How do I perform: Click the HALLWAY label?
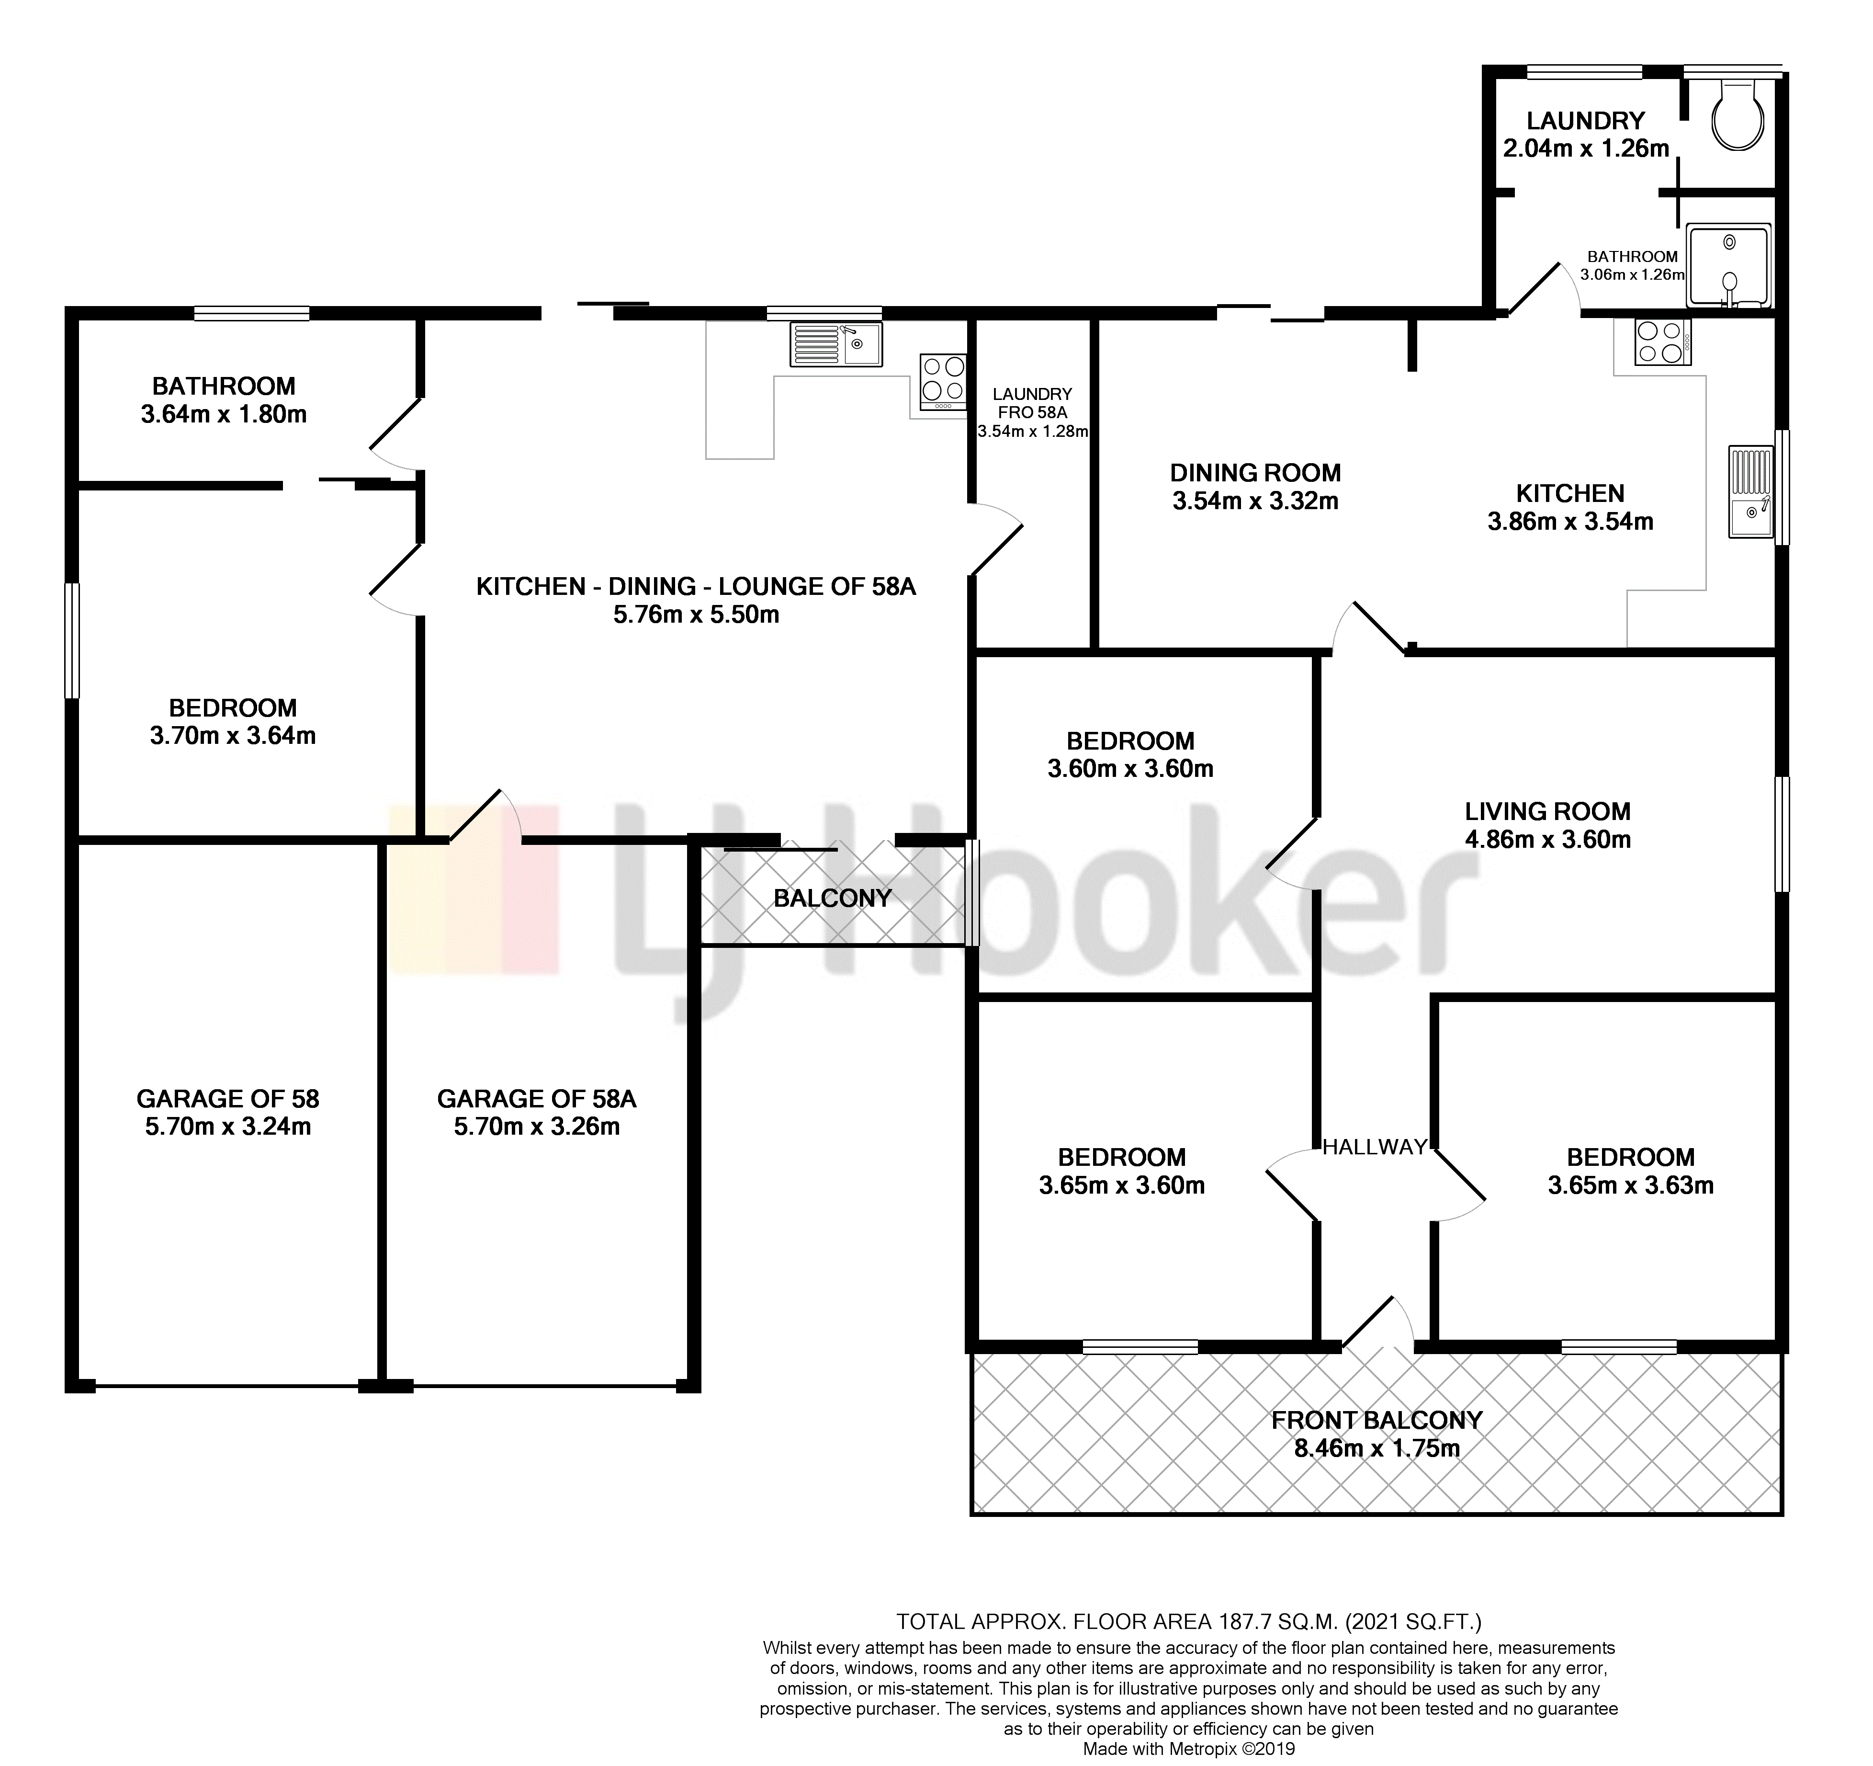(x=1375, y=1147)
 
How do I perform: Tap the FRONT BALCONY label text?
(x=1377, y=1419)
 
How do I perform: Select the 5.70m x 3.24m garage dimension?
(x=228, y=1126)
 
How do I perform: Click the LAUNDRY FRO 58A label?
(x=1033, y=403)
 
